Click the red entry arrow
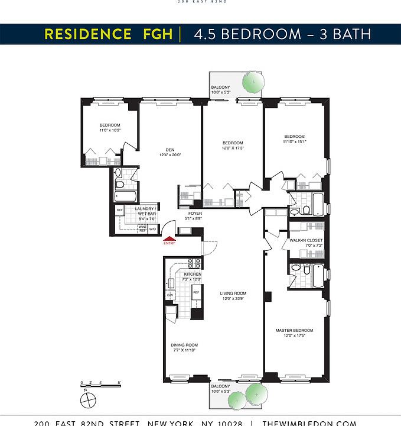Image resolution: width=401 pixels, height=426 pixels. (169, 238)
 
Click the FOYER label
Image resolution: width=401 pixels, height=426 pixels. (195, 213)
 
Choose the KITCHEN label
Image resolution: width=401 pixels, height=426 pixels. (193, 275)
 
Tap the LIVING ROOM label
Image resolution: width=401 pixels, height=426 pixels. (233, 293)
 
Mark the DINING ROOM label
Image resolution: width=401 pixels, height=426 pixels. (184, 345)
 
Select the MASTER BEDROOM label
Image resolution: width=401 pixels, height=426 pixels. (294, 330)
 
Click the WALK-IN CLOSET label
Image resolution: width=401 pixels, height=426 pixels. (306, 240)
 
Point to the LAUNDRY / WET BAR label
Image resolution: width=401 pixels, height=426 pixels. (145, 211)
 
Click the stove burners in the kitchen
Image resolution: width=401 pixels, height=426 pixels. (194, 264)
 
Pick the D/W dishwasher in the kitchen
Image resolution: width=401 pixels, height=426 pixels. (170, 295)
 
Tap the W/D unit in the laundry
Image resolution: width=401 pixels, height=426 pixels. (152, 229)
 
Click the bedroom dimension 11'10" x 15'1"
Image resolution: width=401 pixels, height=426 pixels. (294, 141)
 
